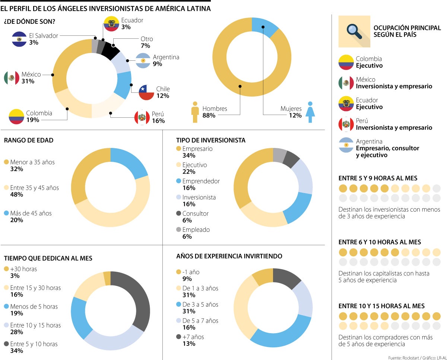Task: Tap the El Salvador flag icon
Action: pos(19,39)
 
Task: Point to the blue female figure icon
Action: pos(309,112)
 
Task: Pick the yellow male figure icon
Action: pos(195,112)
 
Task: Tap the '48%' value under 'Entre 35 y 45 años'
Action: pos(17,195)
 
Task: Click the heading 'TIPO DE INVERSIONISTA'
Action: pos(211,140)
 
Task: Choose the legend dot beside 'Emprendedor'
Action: pos(178,181)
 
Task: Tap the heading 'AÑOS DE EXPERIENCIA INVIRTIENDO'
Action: pos(229,256)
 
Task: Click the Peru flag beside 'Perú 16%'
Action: pos(142,117)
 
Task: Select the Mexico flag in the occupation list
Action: pos(346,83)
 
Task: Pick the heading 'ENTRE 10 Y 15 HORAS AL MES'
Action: pos(381,306)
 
